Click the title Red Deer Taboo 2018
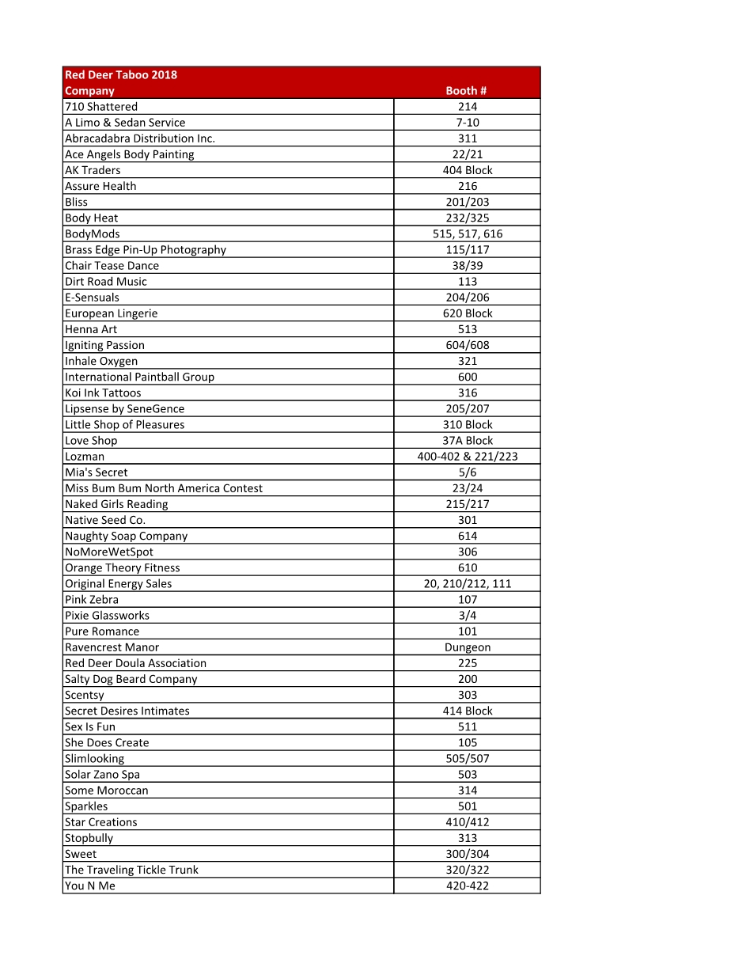pyautogui.click(x=121, y=75)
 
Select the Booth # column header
pyautogui.click(x=467, y=91)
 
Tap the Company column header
pyautogui.click(x=89, y=91)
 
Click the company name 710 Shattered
pyautogui.click(x=101, y=107)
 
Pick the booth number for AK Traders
pyautogui.click(x=467, y=170)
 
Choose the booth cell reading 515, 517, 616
pyautogui.click(x=467, y=233)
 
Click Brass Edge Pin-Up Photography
pyautogui.click(x=146, y=249)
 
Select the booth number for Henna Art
pyautogui.click(x=467, y=329)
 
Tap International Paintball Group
pyautogui.click(x=139, y=377)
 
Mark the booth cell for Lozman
pyautogui.click(x=467, y=456)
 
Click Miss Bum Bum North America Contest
pyautogui.click(x=164, y=488)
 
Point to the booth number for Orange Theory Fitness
pyautogui.click(x=467, y=567)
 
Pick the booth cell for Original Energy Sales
pyautogui.click(x=467, y=583)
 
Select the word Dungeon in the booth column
pyautogui.click(x=467, y=647)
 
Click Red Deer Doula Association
pyautogui.click(x=135, y=663)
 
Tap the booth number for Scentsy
pyautogui.click(x=467, y=695)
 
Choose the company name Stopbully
pyautogui.click(x=89, y=838)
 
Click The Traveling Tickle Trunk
pyautogui.click(x=131, y=870)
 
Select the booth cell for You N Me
pyautogui.click(x=467, y=886)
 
